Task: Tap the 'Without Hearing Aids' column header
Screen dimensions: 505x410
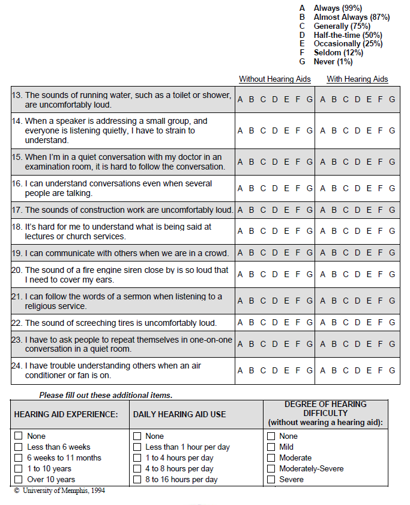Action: click(275, 79)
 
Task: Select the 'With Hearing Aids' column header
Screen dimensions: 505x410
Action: click(357, 79)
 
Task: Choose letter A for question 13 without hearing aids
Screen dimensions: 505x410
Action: click(240, 100)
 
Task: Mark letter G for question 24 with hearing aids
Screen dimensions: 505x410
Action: click(392, 371)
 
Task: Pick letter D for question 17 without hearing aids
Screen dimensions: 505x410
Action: click(274, 210)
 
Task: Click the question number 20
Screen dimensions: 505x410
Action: click(17, 271)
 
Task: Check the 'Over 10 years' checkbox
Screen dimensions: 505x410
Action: click(19, 479)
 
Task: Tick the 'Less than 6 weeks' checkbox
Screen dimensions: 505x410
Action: click(19, 447)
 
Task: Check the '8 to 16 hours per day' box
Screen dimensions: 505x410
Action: click(137, 479)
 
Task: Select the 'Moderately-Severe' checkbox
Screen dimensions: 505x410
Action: click(271, 468)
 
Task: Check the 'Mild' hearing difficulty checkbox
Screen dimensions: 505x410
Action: click(271, 447)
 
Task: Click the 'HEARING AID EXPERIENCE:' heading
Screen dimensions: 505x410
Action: click(66, 414)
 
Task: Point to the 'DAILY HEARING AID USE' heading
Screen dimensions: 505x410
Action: click(179, 414)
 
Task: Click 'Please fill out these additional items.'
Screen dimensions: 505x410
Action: click(106, 395)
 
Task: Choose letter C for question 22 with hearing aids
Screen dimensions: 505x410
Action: click(346, 323)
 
